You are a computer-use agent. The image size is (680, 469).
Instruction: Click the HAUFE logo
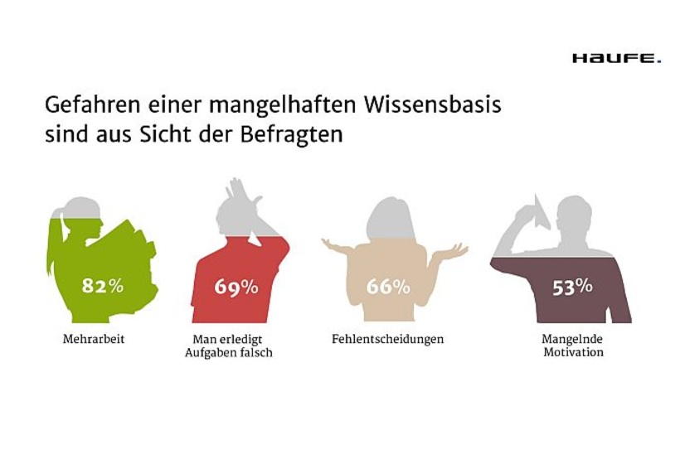coord(616,58)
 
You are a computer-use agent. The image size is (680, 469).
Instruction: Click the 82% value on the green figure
coord(102,286)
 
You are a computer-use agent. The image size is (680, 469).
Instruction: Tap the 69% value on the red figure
coord(236,288)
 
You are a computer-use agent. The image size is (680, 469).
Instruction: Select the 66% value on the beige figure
coord(388,288)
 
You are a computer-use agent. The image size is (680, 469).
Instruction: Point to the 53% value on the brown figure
coord(572,287)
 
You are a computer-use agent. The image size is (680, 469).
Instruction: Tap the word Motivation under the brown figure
coord(572,352)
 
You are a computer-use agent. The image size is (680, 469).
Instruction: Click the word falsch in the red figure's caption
coord(255,352)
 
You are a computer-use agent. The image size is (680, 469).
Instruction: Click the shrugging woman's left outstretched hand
coord(332,244)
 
